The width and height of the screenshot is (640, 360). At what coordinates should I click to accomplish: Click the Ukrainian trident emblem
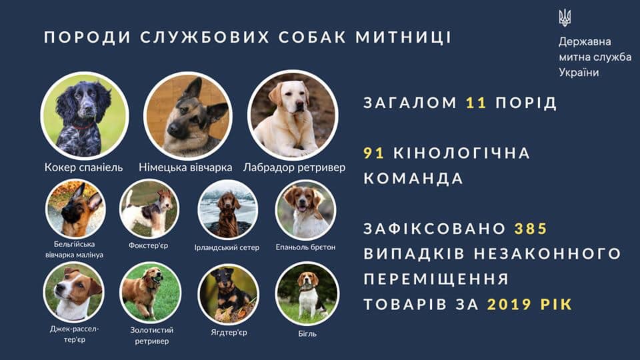click(565, 18)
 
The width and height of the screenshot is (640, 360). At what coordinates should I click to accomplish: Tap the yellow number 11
click(476, 103)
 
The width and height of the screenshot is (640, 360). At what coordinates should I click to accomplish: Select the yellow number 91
click(374, 153)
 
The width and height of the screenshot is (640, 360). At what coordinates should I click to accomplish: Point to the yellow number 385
click(531, 229)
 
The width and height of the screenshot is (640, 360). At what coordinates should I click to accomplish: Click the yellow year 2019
click(509, 304)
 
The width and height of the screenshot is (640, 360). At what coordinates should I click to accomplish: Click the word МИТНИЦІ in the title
click(403, 37)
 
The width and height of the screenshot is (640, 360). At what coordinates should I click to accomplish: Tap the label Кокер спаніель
click(84, 167)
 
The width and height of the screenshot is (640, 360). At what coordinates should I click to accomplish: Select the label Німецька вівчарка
click(185, 167)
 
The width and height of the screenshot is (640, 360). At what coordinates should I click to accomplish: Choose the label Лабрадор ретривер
click(294, 167)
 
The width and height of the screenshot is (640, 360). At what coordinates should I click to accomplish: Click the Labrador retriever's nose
click(300, 105)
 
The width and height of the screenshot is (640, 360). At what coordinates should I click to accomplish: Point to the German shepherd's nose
click(173, 130)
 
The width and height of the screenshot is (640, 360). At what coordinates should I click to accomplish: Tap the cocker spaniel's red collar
click(83, 127)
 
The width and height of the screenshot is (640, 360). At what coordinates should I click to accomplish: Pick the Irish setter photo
click(228, 210)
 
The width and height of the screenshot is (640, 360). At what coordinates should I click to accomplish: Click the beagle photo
click(307, 293)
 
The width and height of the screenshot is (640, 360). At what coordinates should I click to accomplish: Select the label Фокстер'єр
click(148, 246)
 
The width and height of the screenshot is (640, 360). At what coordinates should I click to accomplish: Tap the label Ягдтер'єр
click(229, 332)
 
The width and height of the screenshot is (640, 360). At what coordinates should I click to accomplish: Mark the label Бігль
click(307, 333)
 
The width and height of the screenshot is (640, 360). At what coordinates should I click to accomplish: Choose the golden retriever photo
click(151, 293)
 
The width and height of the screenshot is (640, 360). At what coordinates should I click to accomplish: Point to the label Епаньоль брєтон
click(305, 247)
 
